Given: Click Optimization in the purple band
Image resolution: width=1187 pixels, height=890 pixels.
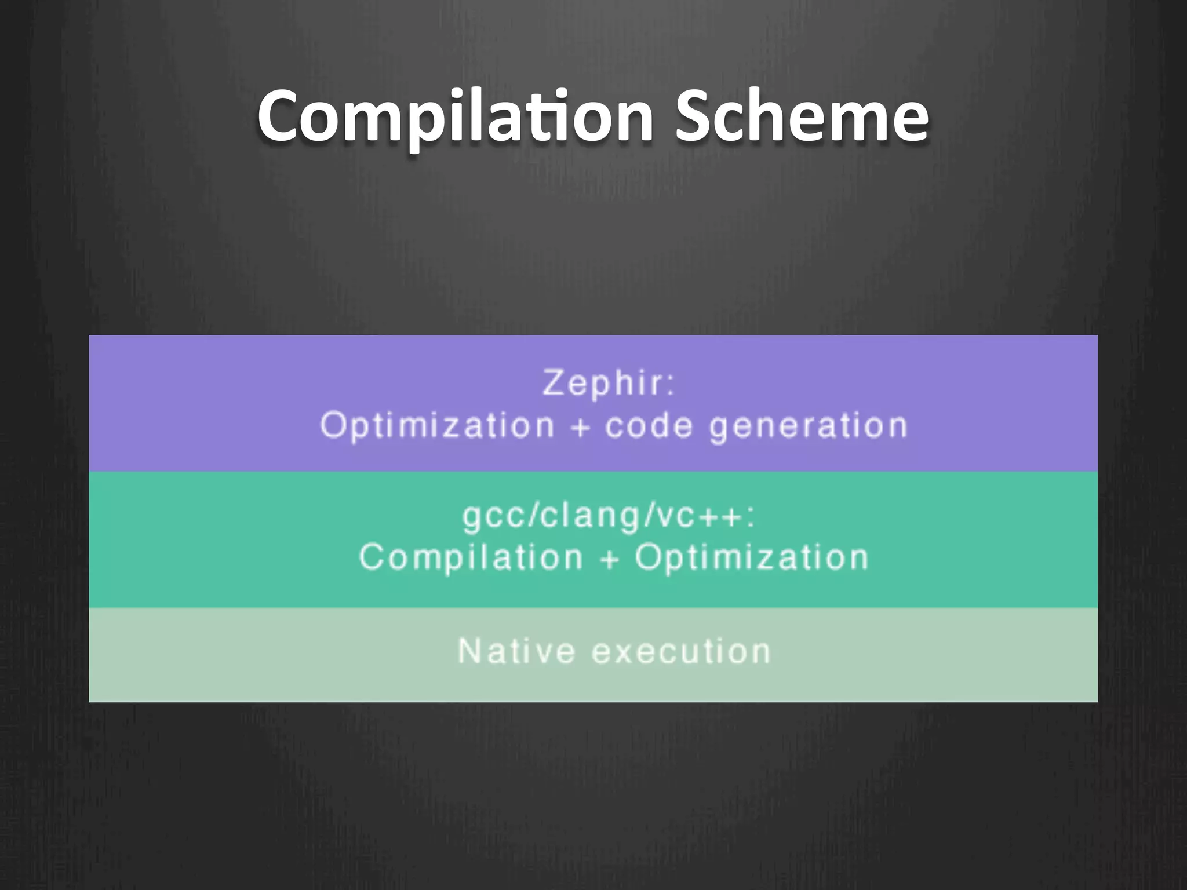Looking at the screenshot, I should tap(438, 426).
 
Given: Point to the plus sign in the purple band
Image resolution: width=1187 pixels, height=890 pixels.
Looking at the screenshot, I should tap(580, 428).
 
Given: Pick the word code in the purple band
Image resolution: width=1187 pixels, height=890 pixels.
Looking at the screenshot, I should tap(649, 426).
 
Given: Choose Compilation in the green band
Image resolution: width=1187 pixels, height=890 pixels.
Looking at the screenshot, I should tap(471, 557).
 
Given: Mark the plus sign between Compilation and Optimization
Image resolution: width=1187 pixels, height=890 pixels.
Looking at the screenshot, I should tap(609, 559).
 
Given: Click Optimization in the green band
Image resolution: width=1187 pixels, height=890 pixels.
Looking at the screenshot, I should tap(752, 557).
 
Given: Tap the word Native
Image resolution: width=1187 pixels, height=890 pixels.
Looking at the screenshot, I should tap(516, 651).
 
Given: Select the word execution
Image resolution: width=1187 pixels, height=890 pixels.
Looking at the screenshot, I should tap(681, 651).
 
